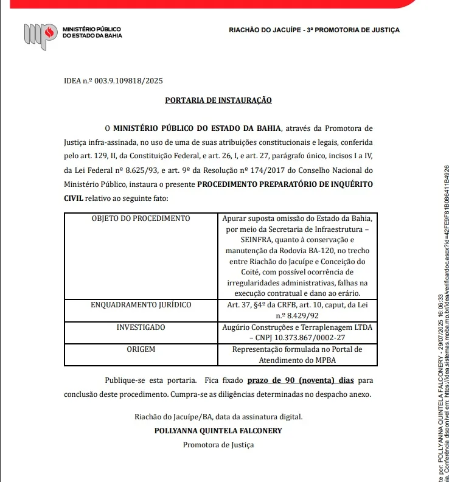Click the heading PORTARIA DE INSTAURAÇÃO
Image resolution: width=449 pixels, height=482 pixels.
218,100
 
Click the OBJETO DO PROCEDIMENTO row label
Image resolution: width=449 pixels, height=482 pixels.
141,218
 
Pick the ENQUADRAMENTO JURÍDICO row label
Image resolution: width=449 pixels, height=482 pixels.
141,304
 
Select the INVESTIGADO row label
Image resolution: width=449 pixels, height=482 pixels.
141,327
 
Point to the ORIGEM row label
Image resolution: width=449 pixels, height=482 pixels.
141,349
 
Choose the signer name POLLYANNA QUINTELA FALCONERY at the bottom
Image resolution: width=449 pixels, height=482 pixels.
218,431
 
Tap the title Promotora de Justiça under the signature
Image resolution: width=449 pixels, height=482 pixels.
218,445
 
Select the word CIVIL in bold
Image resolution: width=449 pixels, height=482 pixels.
73,198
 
